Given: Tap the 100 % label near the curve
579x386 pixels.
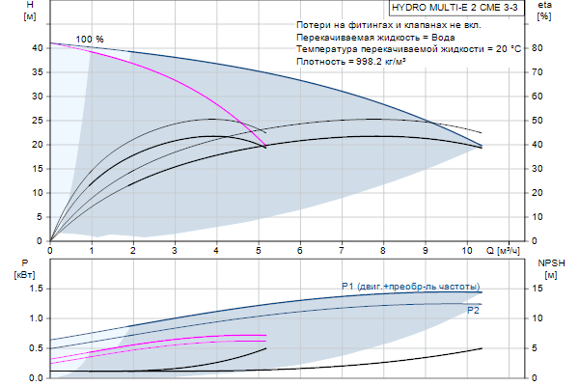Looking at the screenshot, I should pos(90,39).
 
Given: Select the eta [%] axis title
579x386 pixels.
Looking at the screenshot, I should pos(544,12).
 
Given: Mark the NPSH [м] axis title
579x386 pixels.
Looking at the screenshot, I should pos(550,268).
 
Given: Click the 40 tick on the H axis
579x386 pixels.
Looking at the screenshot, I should pos(37,47).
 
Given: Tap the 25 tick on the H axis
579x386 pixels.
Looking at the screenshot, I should pos(37,120).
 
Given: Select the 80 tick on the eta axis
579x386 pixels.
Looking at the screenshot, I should pos(543,47).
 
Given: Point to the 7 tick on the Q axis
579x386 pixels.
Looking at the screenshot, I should pos(342,250).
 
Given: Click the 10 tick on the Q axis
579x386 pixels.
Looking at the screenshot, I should pos(467,250).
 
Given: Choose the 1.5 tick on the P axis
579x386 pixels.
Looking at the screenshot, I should pos(35,288).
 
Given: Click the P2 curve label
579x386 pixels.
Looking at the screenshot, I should pos(472,311).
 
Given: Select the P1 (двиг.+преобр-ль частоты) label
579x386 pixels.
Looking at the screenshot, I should pos(410,286).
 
